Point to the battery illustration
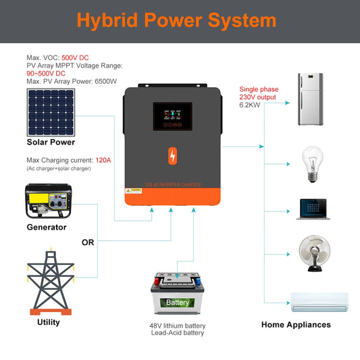[x=178, y=294]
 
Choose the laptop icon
[x=314, y=208]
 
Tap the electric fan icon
[x=315, y=252]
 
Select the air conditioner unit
[x=319, y=302]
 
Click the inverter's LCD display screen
[x=172, y=116]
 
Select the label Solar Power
[x=51, y=143]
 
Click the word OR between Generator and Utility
[x=88, y=242]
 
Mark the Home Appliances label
[x=296, y=325]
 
